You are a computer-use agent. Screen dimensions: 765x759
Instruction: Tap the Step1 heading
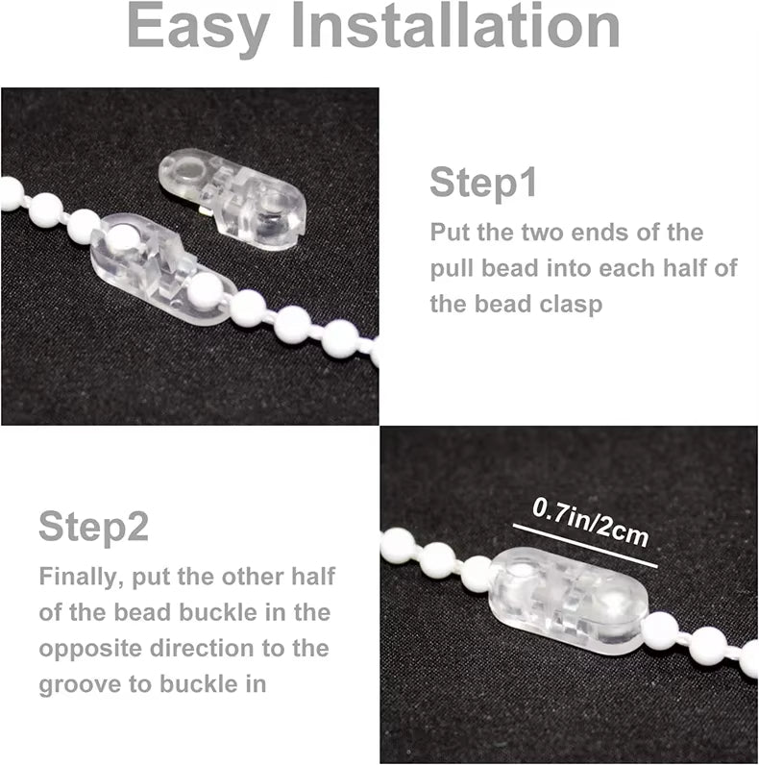(x=483, y=183)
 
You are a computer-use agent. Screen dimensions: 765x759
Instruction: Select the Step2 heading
(x=94, y=526)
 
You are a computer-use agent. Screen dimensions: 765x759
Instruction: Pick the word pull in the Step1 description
(x=455, y=268)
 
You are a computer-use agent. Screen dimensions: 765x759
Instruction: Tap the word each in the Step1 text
(x=643, y=268)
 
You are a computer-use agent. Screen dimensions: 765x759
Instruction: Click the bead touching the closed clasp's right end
(x=660, y=629)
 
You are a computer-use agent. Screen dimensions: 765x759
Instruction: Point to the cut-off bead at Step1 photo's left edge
(x=9, y=192)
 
